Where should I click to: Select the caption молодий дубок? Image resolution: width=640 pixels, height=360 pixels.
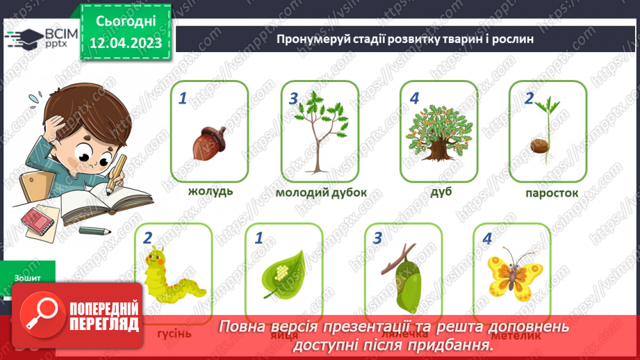click(x=320, y=193)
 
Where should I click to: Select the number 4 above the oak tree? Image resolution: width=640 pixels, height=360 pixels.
click(x=415, y=99)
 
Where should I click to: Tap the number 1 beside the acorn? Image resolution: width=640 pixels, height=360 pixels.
click(x=183, y=99)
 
